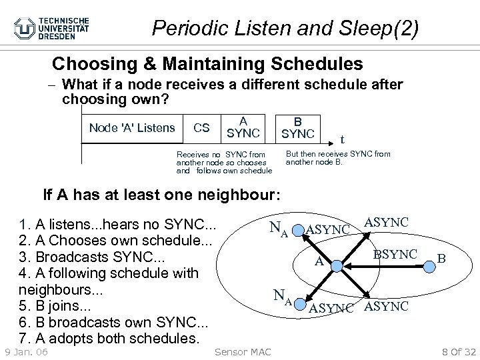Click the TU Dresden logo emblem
tap(26, 29)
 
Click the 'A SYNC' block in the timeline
tap(243, 127)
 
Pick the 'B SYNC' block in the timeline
tap(297, 127)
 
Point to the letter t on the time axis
tap(342, 139)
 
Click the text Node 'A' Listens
tap(132, 127)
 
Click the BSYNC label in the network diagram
tap(395, 254)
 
